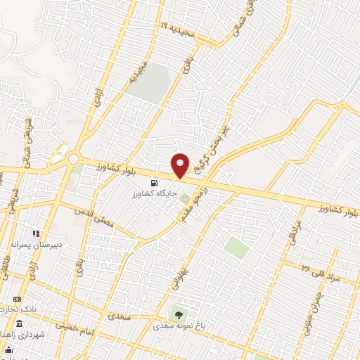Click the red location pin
[181, 165]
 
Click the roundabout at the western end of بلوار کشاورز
[74, 159]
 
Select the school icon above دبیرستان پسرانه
[33, 234]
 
